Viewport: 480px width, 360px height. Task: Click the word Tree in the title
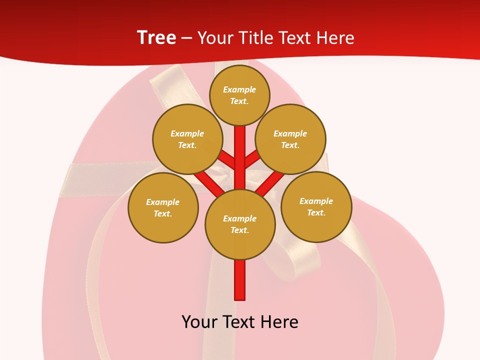coord(156,38)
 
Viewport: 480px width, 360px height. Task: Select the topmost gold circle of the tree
coord(239,95)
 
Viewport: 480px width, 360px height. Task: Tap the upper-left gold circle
coord(187,139)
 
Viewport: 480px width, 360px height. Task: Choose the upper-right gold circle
coord(290,139)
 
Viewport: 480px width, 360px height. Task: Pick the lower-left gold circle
coord(163,207)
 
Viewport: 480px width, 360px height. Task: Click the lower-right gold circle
coord(316,206)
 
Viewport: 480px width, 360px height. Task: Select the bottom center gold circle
coord(240,224)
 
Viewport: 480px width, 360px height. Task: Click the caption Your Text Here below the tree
coord(240,321)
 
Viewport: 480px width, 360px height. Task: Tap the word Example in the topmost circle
coord(239,89)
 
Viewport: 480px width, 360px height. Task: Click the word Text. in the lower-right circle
coord(316,212)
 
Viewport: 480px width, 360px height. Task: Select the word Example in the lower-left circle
coord(163,202)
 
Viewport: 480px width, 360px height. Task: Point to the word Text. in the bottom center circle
coord(240,230)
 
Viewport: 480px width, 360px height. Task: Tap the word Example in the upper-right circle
coord(290,133)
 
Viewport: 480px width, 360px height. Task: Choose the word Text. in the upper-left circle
coord(187,145)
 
